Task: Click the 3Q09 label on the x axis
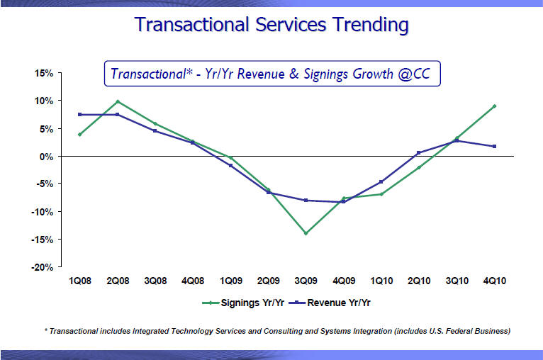tap(306, 281)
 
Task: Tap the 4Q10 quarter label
tap(494, 281)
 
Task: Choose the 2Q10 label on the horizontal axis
tap(419, 281)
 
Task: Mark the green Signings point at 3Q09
tap(306, 233)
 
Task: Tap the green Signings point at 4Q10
tap(494, 106)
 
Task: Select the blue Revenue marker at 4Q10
tap(494, 146)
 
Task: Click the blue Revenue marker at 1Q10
tap(381, 182)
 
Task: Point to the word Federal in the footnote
tap(455, 331)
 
